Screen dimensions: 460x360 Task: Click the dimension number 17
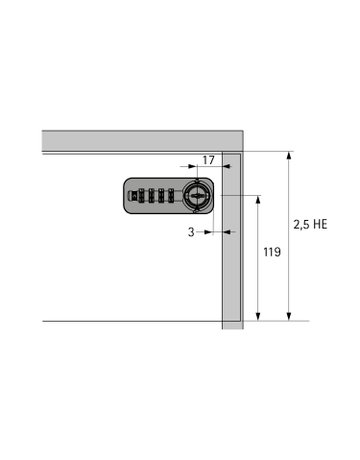coord(208,160)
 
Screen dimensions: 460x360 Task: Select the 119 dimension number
coord(271,253)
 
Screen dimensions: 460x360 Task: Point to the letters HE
coord(319,225)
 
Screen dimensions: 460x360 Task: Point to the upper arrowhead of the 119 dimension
coord(259,199)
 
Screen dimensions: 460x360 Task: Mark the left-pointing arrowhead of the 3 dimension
coord(226,232)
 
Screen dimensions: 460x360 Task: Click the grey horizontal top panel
coord(140,140)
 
